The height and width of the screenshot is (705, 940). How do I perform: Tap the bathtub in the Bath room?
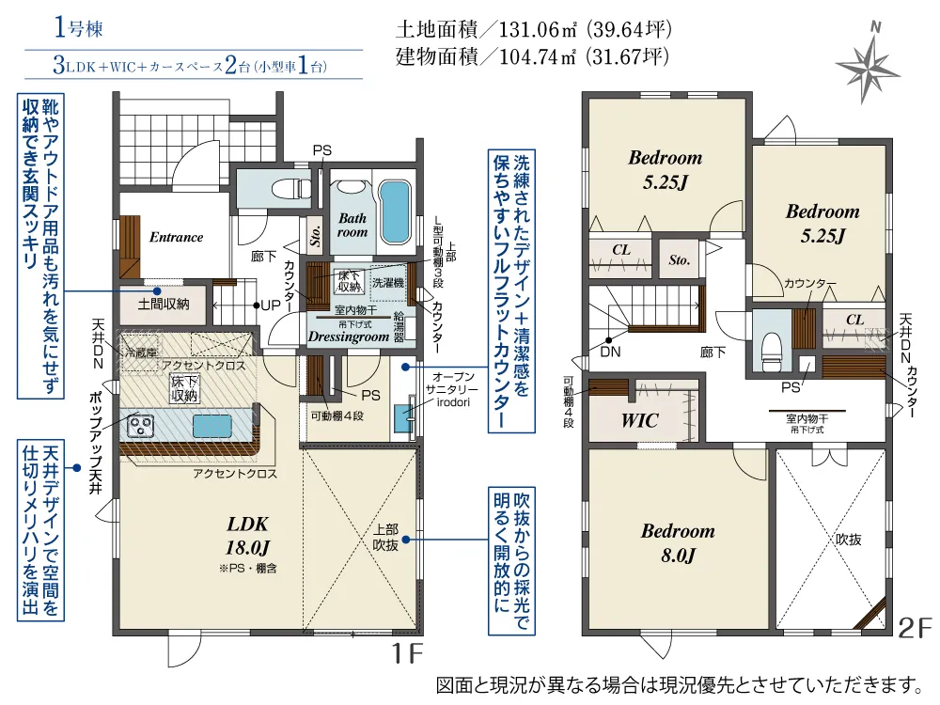click(396, 212)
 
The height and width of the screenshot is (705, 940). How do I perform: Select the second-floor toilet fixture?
click(771, 352)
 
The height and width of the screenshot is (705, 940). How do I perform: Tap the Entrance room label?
click(177, 238)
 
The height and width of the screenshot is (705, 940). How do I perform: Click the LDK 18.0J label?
click(247, 536)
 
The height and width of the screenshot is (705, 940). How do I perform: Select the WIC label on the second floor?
click(639, 421)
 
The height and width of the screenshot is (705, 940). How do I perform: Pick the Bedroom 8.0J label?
click(678, 542)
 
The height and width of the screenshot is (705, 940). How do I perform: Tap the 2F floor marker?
click(915, 628)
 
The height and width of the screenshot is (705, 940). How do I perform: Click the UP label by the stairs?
click(271, 305)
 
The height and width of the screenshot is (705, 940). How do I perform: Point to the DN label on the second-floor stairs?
click(610, 352)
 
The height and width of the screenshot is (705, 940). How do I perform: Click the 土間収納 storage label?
click(163, 304)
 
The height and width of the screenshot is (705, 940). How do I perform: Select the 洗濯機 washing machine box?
click(388, 282)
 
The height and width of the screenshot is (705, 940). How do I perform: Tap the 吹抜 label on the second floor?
click(848, 540)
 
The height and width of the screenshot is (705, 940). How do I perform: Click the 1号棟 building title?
click(78, 28)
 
